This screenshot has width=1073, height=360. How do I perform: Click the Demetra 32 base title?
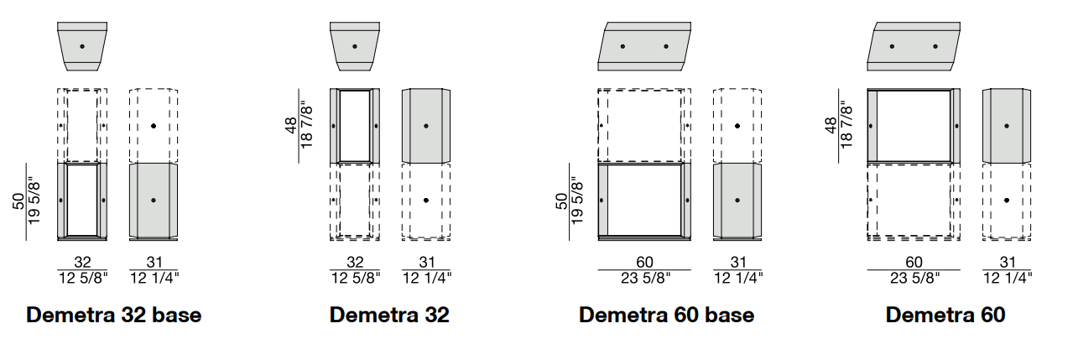point(114,315)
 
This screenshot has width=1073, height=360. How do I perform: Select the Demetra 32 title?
point(389,315)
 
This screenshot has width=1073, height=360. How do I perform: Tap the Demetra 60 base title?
point(667,315)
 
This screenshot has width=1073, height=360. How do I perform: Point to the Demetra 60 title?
point(945,315)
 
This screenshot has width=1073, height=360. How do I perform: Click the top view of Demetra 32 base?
point(82,46)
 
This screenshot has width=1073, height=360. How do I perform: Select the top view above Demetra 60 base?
point(644,46)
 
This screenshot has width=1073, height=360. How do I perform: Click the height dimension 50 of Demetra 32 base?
point(18,201)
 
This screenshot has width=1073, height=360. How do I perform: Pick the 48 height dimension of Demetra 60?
point(831,126)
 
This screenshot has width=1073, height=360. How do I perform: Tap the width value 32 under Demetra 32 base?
point(82,262)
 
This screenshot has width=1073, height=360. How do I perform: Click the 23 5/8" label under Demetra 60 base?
point(645,278)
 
